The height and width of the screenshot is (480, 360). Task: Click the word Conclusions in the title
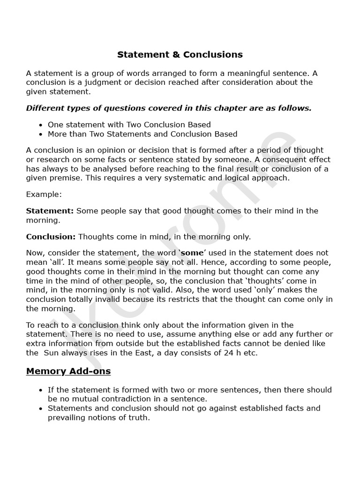click(x=213, y=54)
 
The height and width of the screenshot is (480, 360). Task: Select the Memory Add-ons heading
click(x=68, y=371)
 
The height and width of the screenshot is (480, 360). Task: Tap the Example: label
click(x=44, y=194)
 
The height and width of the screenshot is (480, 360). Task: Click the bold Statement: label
click(x=50, y=211)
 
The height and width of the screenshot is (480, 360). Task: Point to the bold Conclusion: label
click(x=51, y=237)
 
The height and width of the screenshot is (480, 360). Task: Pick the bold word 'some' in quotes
click(x=192, y=253)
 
